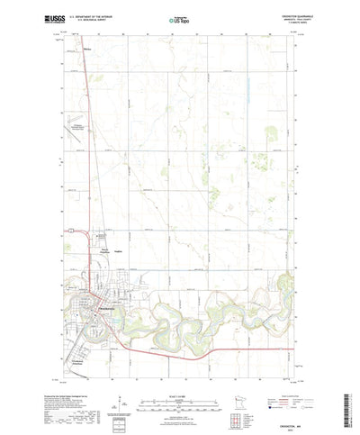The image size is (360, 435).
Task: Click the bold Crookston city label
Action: pyautogui.click(x=106, y=304)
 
